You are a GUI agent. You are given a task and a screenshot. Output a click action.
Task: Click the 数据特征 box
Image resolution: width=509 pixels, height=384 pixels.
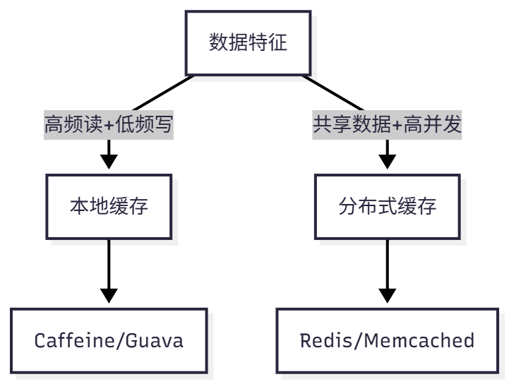click(248, 42)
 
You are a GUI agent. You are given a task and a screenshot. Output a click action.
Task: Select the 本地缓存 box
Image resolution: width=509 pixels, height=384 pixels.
click(109, 207)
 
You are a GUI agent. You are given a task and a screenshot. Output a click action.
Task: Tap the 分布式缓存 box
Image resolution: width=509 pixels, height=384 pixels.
click(388, 207)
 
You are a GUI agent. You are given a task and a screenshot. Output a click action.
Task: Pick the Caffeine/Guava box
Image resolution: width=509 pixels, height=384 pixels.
click(109, 340)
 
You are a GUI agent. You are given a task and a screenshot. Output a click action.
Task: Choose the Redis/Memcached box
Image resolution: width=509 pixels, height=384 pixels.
click(388, 340)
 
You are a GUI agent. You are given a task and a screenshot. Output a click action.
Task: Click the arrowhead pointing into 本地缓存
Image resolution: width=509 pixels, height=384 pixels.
click(109, 161)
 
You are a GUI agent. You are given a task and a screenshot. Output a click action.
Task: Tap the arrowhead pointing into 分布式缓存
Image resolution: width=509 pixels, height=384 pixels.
click(388, 161)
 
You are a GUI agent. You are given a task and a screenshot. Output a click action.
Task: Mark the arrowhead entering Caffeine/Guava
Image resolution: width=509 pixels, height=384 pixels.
click(109, 294)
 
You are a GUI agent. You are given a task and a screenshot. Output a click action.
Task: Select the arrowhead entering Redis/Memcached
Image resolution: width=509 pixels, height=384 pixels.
click(388, 294)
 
